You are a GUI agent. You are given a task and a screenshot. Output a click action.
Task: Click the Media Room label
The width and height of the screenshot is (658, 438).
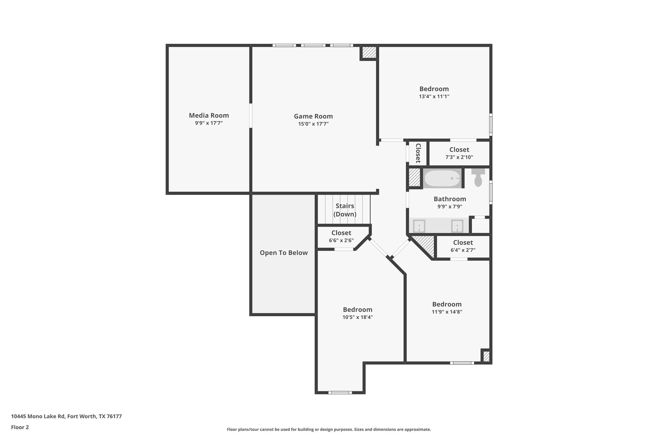(209, 115)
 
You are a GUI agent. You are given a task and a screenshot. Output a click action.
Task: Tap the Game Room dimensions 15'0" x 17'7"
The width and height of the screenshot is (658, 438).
(313, 124)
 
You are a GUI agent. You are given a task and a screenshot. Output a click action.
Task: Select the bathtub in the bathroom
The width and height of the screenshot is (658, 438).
(442, 178)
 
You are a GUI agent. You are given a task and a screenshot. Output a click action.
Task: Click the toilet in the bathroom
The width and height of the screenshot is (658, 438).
(478, 178)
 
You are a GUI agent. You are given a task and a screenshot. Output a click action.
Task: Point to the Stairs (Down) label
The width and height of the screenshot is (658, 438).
(345, 210)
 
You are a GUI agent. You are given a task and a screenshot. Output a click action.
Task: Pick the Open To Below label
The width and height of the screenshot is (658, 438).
(284, 253)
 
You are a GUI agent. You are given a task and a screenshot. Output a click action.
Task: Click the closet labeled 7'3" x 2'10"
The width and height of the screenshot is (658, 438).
(459, 153)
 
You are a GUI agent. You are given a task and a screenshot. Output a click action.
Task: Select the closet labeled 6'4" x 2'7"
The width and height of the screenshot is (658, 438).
(463, 246)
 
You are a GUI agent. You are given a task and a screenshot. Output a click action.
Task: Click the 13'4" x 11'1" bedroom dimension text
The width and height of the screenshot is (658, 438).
(434, 96)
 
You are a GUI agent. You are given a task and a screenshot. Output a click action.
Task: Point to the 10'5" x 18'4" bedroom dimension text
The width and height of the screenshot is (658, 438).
(357, 317)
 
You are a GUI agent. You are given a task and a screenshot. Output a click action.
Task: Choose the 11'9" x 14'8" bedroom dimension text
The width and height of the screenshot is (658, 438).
(447, 312)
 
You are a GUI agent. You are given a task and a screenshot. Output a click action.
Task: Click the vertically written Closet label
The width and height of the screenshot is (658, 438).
(418, 153)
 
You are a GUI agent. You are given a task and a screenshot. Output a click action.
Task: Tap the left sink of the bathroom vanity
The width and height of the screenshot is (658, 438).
(419, 226)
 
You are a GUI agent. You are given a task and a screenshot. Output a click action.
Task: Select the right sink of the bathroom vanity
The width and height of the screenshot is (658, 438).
(457, 226)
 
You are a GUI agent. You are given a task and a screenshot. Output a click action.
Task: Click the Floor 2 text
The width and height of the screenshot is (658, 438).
(20, 427)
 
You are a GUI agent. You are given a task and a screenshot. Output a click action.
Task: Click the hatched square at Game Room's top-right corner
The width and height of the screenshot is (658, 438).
(369, 52)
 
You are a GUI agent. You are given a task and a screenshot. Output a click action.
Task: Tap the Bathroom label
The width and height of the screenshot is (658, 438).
(450, 199)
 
